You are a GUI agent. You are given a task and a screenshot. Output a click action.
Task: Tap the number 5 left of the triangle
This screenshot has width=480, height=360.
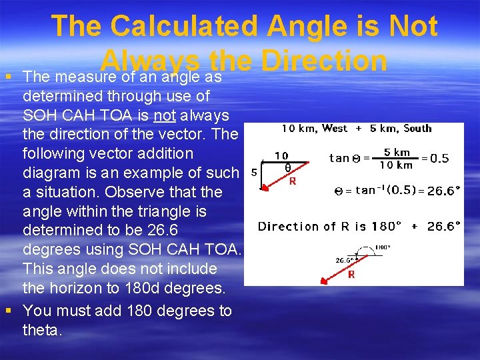click(x=253, y=172)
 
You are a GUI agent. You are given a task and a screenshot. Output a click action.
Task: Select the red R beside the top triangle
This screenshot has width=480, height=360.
click(x=291, y=181)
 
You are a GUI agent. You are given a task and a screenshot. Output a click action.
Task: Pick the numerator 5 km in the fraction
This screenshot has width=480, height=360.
click(x=397, y=152)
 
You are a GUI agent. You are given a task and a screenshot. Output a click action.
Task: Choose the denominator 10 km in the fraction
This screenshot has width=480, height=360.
click(x=396, y=165)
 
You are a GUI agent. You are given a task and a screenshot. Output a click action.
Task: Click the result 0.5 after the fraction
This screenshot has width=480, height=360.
click(x=439, y=159)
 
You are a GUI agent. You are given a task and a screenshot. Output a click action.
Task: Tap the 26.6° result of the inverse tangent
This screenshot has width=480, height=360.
click(x=443, y=191)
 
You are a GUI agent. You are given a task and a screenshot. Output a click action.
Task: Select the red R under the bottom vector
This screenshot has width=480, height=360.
click(x=351, y=274)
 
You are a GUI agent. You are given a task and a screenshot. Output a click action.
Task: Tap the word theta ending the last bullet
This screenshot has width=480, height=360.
click(x=41, y=330)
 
